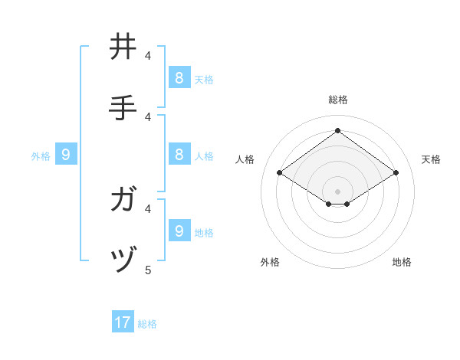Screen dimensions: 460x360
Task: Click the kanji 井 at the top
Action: click(x=123, y=47)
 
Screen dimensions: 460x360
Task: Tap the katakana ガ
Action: click(x=123, y=200)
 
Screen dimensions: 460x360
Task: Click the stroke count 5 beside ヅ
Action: click(x=149, y=270)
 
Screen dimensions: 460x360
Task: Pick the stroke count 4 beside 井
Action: click(x=149, y=55)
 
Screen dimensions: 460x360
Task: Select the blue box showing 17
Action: click(x=123, y=322)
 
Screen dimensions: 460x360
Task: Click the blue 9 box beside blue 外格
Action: click(x=66, y=155)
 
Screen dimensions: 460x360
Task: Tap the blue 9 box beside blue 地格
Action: click(x=179, y=231)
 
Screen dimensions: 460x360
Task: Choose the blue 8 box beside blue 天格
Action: click(x=179, y=77)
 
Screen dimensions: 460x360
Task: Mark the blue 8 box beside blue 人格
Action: click(x=179, y=154)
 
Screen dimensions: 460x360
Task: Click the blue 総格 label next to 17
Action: click(x=147, y=324)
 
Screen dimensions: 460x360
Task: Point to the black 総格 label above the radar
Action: click(x=337, y=100)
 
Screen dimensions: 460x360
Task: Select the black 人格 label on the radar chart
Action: click(x=245, y=159)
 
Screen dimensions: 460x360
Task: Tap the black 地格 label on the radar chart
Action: click(x=402, y=262)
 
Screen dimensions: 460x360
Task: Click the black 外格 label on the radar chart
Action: click(x=270, y=262)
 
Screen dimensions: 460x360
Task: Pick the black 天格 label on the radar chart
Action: click(x=431, y=159)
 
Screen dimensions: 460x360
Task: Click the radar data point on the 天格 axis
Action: click(x=396, y=173)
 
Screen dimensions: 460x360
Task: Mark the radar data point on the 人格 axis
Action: click(x=279, y=173)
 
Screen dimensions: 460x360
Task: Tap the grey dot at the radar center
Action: click(x=337, y=191)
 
